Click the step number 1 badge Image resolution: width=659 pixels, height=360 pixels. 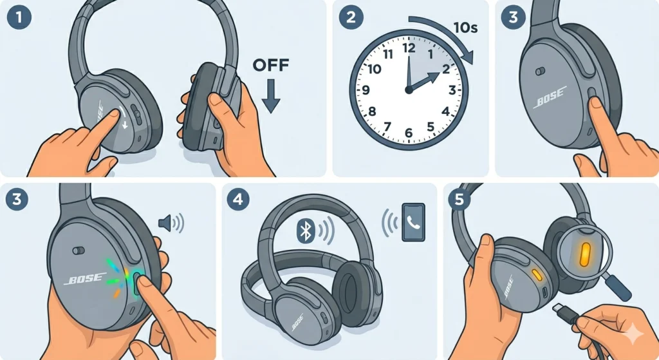pyautogui.click(x=18, y=18)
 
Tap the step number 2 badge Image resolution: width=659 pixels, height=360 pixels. pyautogui.click(x=351, y=18)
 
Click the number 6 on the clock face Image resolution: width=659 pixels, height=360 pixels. pyautogui.click(x=408, y=133)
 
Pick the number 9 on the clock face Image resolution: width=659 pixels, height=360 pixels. pyautogui.click(x=366, y=90)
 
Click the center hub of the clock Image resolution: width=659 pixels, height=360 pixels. pyautogui.click(x=408, y=90)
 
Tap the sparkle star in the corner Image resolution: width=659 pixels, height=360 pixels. pyautogui.click(x=634, y=333)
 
